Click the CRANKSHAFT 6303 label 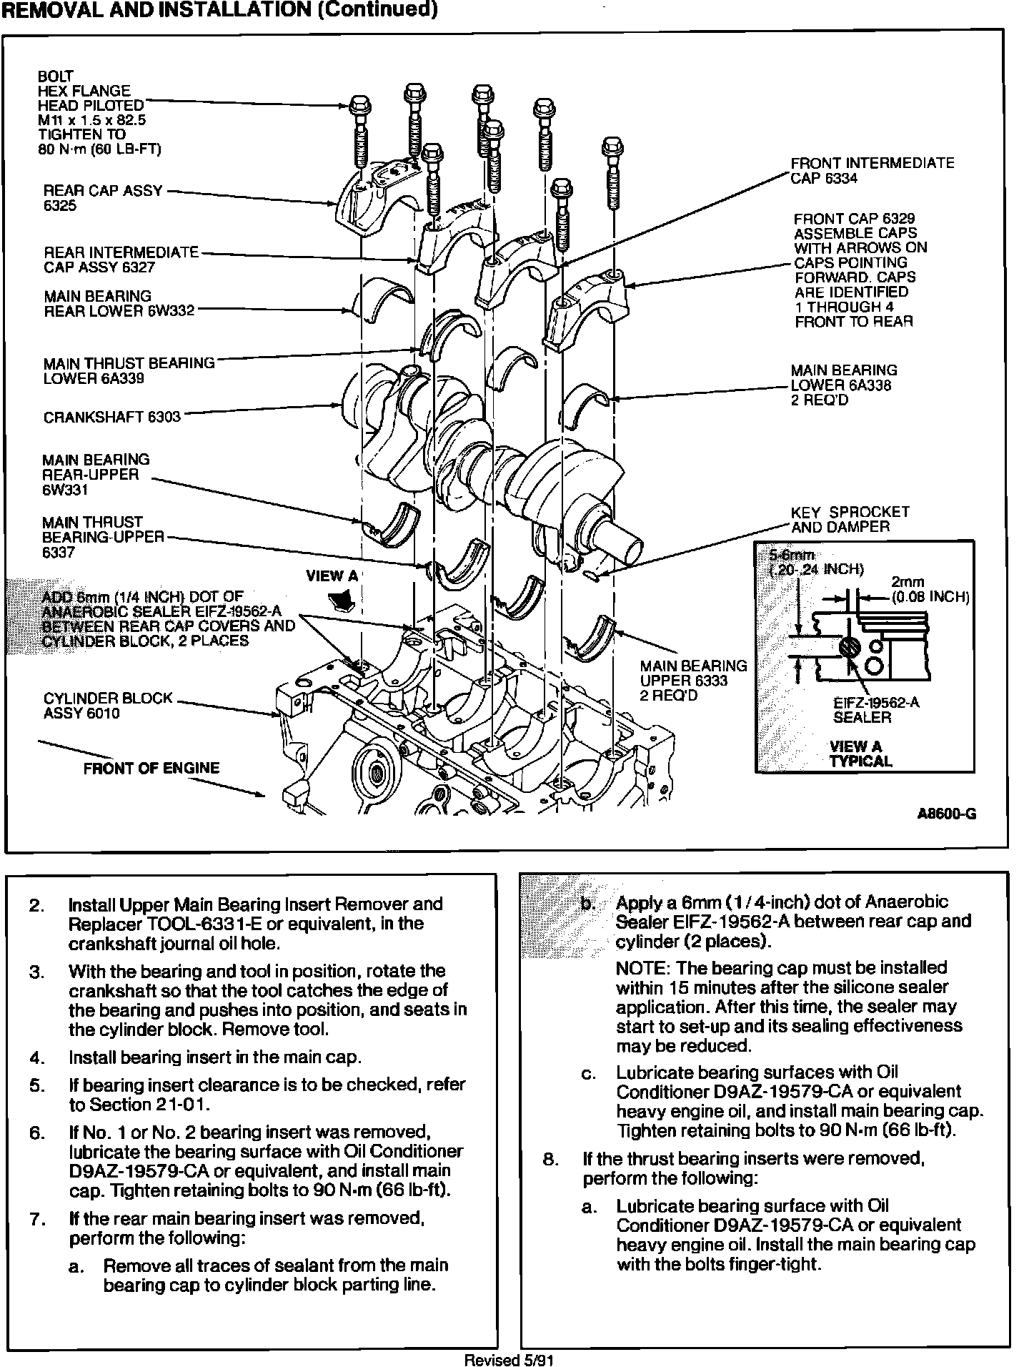point(112,417)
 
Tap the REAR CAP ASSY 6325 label point(103,198)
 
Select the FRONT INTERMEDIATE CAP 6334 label point(872,171)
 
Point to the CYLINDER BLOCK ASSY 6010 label point(108,706)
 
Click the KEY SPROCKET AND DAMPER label point(850,520)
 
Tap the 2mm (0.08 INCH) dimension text point(929,590)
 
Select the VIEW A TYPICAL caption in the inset point(860,754)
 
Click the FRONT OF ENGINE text point(151,769)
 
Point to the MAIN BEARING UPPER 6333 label point(692,681)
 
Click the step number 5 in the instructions point(37,1085)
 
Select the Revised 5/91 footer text point(509,1360)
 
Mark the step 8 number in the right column point(551,1159)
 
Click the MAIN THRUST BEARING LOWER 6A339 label point(129,371)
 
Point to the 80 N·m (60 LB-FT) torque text point(99,149)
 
